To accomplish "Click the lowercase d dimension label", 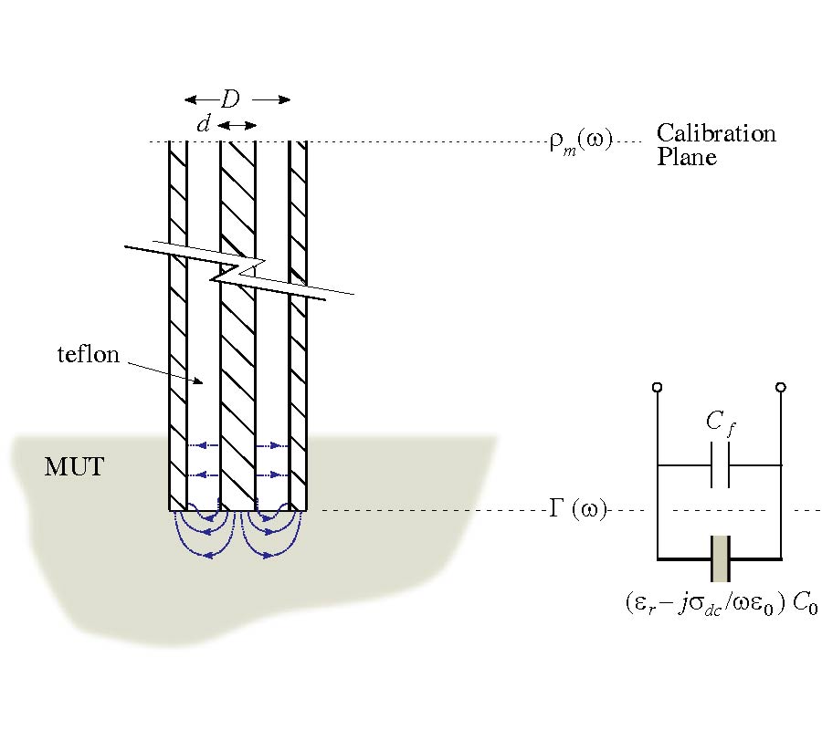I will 204,125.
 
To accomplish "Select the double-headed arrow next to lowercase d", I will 237,125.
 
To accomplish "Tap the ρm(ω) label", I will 581,142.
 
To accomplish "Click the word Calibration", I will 716,133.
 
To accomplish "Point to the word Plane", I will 687,157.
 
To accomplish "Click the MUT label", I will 74,469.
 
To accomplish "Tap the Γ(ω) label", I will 577,510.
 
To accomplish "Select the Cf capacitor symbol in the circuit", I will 720,464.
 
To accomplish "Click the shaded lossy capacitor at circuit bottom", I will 720,558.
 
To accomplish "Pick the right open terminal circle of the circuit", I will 781,388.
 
